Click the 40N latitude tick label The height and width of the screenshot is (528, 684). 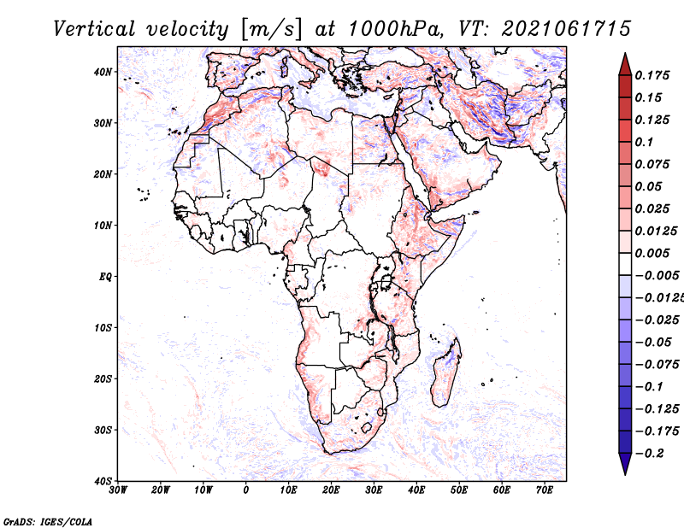coord(103,72)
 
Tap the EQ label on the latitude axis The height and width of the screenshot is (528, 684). coord(105,277)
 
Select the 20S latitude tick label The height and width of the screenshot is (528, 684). coord(103,378)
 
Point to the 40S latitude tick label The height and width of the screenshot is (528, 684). coord(103,481)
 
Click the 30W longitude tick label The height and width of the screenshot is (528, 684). coord(118,490)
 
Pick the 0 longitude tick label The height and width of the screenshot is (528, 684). coord(246,490)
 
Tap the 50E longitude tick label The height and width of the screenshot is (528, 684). coord(459,490)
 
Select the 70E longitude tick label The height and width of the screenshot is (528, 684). coord(545,490)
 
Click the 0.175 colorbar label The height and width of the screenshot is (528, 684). coord(652,75)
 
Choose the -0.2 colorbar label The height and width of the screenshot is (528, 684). coord(649,454)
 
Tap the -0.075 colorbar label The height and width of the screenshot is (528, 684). coord(657,365)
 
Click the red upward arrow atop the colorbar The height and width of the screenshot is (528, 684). coord(625,65)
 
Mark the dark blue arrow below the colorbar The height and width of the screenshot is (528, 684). coord(625,463)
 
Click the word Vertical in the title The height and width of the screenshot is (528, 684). coord(94,29)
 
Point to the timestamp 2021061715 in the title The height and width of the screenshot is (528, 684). coord(566,29)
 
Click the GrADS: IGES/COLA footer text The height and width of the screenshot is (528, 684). coord(48,522)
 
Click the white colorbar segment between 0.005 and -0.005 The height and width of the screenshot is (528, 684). coord(625,264)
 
